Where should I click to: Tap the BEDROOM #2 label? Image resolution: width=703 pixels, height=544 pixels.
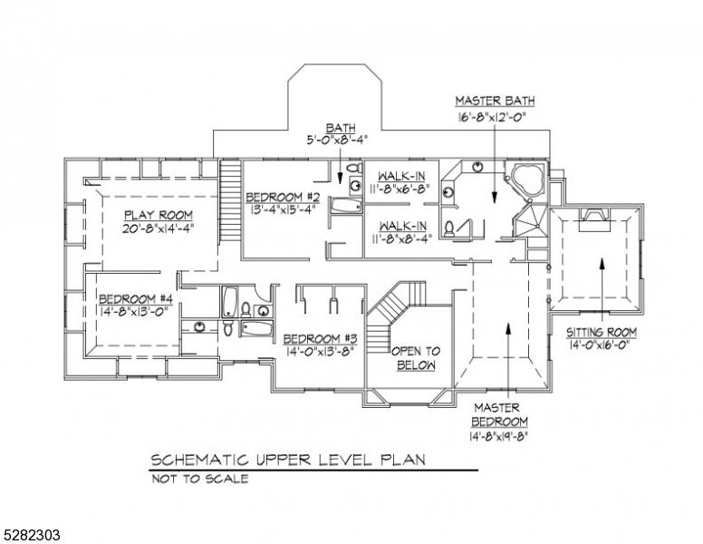pyautogui.click(x=284, y=198)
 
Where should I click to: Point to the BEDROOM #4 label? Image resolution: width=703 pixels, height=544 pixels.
pyautogui.click(x=135, y=299)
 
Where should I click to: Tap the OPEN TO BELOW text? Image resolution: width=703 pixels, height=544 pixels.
pyautogui.click(x=415, y=357)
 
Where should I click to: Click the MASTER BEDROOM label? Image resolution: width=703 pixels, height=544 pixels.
pyautogui.click(x=498, y=414)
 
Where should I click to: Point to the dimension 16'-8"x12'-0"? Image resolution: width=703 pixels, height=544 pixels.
pyautogui.click(x=494, y=117)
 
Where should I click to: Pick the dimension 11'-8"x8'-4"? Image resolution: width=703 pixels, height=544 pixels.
pyautogui.click(x=399, y=238)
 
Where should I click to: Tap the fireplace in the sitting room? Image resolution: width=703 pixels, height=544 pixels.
pyautogui.click(x=595, y=214)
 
